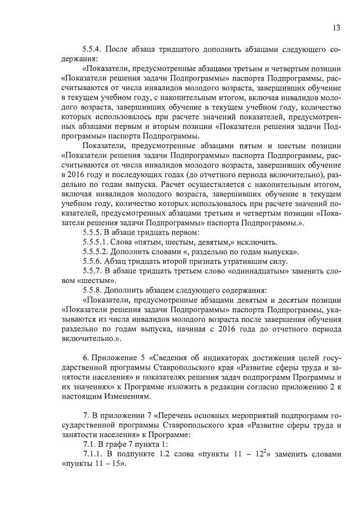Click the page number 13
pyautogui.click(x=337, y=28)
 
